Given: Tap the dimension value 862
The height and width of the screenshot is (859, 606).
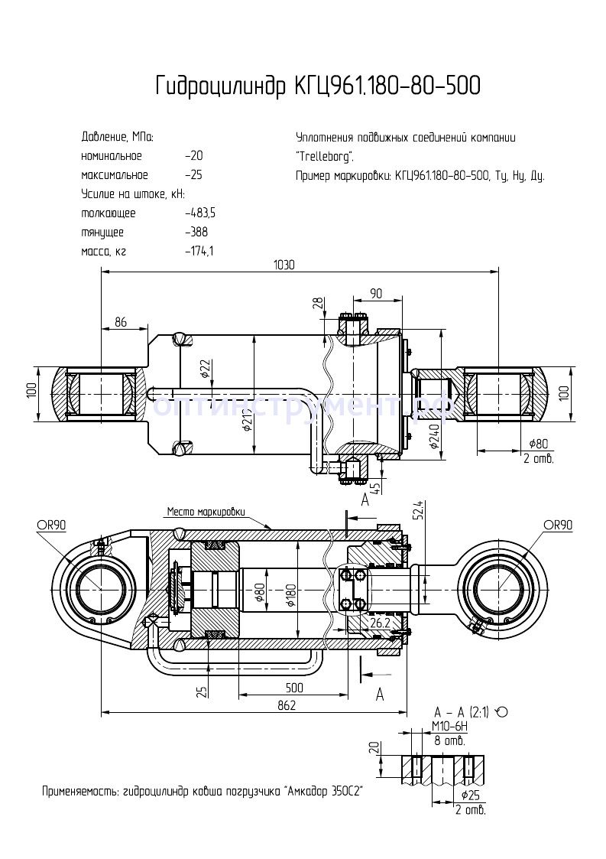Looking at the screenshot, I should [x=286, y=706].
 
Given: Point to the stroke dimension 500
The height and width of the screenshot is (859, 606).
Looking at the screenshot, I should [x=294, y=688].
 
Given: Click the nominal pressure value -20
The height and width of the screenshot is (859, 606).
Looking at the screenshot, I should [x=193, y=156].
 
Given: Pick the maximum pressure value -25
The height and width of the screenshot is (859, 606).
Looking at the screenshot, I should [x=193, y=174].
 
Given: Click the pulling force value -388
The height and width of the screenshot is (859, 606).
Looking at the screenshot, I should [x=196, y=232].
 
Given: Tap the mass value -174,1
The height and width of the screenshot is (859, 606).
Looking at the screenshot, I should [x=199, y=251].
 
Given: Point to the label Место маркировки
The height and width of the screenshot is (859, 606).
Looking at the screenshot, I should [x=203, y=511].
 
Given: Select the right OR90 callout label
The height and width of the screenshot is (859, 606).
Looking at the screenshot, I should [x=558, y=525].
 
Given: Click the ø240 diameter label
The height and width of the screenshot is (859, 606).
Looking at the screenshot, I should [x=433, y=436].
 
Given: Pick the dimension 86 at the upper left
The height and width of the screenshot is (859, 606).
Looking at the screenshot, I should [x=120, y=322].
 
